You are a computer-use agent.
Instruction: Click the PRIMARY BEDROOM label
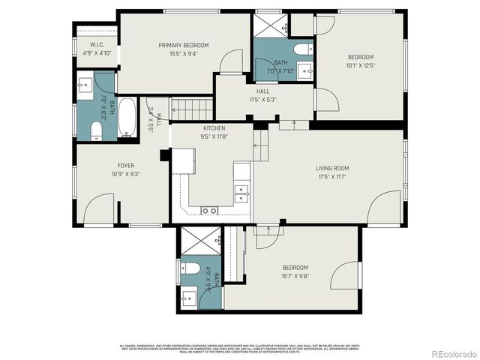pos(184,45)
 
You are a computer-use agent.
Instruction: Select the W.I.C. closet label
pos(96,45)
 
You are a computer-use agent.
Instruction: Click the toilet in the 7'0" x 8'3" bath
pos(95,132)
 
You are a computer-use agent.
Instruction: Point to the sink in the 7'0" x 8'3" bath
pos(84,83)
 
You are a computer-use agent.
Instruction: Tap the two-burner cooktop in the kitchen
pos(209,211)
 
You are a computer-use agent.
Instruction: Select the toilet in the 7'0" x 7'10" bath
pos(303,49)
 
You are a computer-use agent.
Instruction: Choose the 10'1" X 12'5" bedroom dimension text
pos(360,65)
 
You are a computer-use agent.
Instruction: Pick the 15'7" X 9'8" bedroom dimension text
pos(295,275)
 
